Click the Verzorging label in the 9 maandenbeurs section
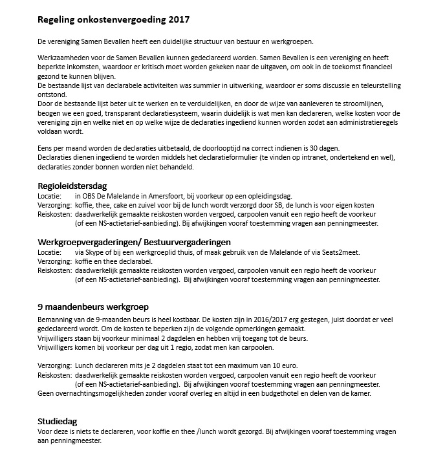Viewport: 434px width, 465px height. tap(54, 365)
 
